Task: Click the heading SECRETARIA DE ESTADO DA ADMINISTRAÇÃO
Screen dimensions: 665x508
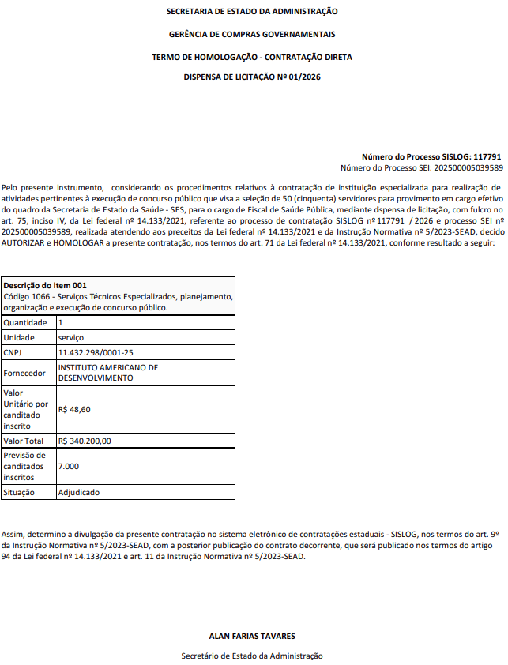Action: [x=252, y=12]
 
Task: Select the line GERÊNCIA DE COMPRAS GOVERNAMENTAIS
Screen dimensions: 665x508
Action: [x=252, y=35]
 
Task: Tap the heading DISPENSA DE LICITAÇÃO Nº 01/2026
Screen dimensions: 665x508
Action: [x=252, y=77]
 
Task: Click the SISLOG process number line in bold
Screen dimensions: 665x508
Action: [x=431, y=157]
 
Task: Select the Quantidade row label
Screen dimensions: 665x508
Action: [x=25, y=323]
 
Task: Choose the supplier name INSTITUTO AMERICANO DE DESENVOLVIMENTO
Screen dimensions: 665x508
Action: [x=108, y=373]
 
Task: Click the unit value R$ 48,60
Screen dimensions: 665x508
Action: [x=74, y=409]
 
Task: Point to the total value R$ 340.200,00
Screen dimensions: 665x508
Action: [x=85, y=441]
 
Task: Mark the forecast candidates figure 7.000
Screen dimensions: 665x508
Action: [x=70, y=466]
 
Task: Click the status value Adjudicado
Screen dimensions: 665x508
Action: [x=79, y=492]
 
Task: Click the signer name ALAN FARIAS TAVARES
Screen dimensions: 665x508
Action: [x=252, y=636]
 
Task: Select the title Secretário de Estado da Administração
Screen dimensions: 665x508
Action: [x=252, y=656]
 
